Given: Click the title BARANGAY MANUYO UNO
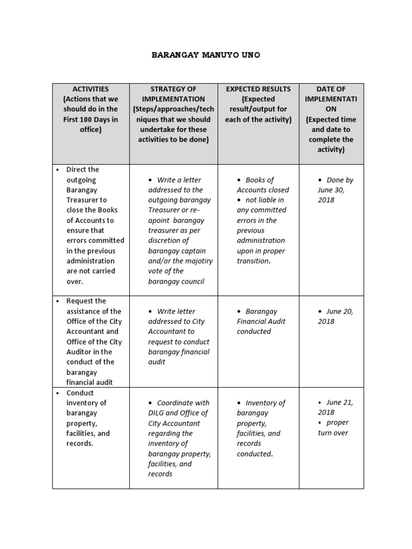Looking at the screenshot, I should coord(206,55).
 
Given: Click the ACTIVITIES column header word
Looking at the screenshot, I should coord(91,89).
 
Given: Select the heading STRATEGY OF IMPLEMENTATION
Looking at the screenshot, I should coord(173,94).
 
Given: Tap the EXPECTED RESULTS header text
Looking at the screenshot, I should coord(258,89).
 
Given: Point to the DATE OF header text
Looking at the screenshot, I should coord(331,89).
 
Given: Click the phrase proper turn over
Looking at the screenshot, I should coord(333,428).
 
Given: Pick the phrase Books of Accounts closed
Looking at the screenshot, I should coord(263,185).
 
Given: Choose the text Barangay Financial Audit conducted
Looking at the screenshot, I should coord(261,321).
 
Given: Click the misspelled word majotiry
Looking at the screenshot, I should coord(198,261).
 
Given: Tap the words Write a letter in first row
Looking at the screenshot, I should coord(179,180).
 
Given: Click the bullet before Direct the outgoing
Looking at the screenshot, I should coord(57,170).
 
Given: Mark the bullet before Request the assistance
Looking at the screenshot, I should coord(57,301).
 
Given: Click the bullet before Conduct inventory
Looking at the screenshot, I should coord(57,393).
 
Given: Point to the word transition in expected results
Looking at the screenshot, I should coord(253,261).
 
